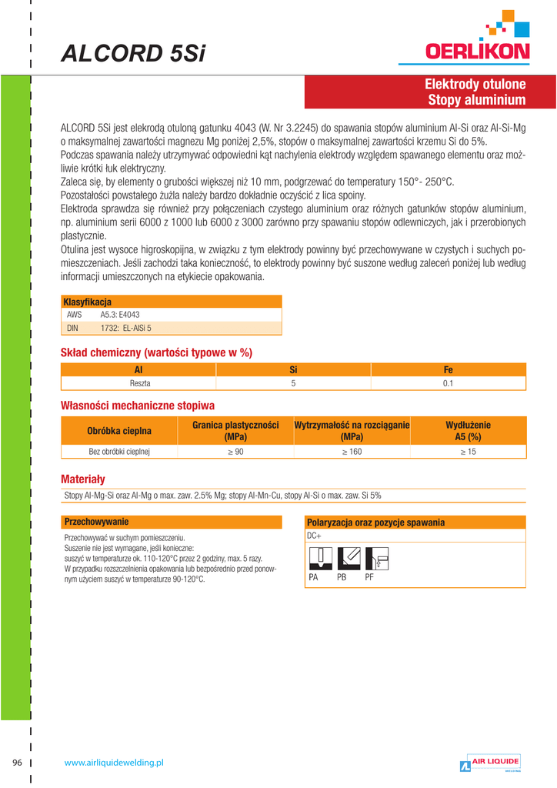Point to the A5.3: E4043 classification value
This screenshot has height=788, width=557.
tap(120, 315)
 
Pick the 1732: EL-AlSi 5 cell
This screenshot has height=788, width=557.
tap(126, 328)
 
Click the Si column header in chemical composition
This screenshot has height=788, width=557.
tap(293, 370)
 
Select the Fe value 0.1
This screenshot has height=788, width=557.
tap(449, 383)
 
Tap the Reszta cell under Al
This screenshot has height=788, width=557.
tap(139, 383)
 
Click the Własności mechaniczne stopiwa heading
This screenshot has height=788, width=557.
tap(138, 406)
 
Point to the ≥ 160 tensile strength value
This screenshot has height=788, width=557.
tap(351, 452)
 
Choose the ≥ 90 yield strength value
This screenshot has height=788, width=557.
tap(235, 452)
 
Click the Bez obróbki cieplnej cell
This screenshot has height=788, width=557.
tap(119, 452)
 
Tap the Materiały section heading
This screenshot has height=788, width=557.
tap(82, 478)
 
